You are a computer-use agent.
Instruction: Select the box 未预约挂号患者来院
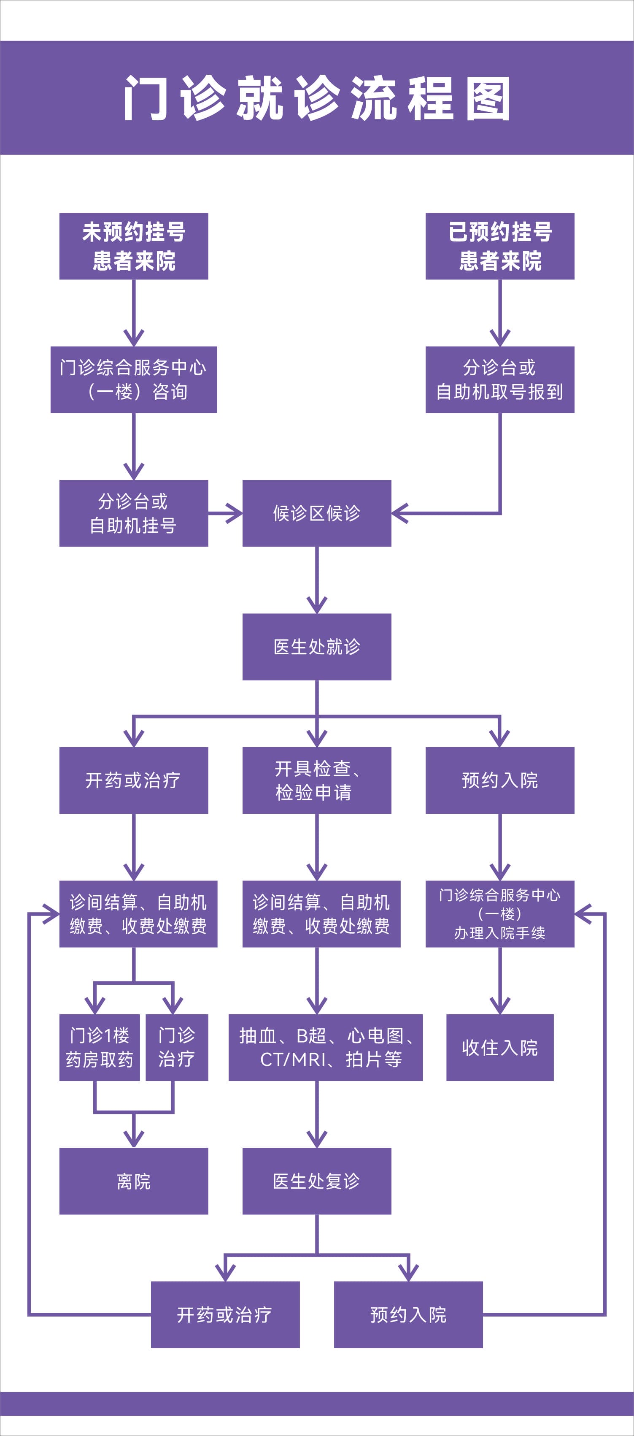pos(134,246)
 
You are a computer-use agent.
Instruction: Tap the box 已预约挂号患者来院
pos(500,246)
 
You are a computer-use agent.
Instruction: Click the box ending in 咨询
pos(134,379)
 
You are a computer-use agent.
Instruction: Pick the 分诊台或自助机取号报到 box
pos(500,379)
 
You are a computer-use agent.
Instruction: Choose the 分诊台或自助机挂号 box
pos(134,513)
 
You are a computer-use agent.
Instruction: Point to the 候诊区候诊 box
pos(316,513)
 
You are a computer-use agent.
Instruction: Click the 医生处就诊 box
pos(316,647)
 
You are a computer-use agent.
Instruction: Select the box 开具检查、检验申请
pos(316,780)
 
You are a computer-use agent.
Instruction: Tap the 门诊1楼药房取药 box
pos(100,1048)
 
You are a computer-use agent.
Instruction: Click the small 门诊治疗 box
pos(177,1048)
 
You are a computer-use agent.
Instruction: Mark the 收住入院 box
pos(500,1048)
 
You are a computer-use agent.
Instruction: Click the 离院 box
pos(134,1181)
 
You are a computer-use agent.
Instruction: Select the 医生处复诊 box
pos(316,1181)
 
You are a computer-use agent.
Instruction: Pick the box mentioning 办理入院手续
pos(500,914)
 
